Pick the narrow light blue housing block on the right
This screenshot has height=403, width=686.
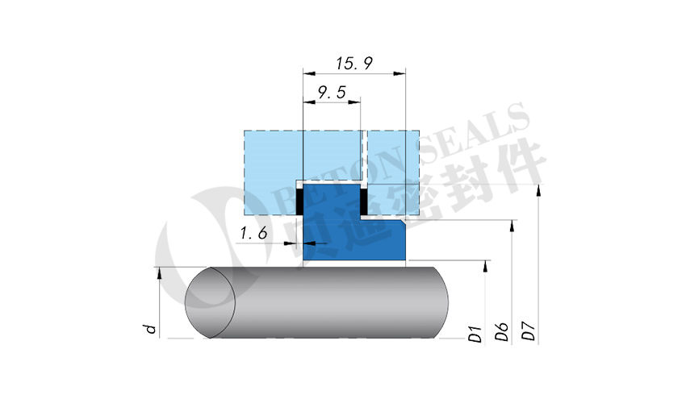(x=392, y=172)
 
